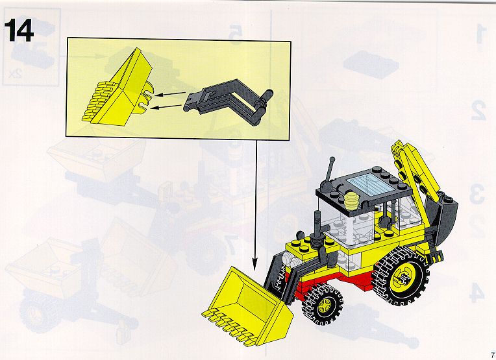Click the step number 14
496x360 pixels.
click(x=19, y=30)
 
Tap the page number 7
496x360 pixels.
click(x=492, y=354)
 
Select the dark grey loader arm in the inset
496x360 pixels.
click(x=229, y=100)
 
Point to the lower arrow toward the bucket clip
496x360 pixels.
click(x=166, y=107)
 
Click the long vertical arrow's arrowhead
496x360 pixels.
click(x=254, y=264)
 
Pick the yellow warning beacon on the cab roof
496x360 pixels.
click(x=351, y=200)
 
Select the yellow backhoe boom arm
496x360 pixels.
click(x=414, y=171)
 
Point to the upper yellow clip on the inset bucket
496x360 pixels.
click(x=149, y=89)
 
